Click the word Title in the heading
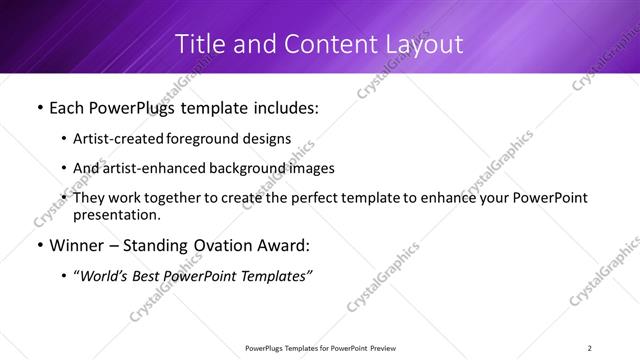(198, 44)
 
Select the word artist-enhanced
(166, 168)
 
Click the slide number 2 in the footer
(590, 347)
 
